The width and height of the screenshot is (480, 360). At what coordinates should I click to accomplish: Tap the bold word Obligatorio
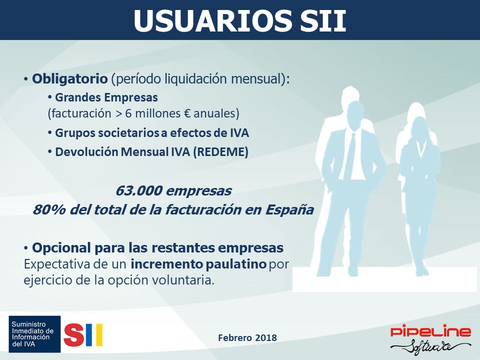coord(70,78)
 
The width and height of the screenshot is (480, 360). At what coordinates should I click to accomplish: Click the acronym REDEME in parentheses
coord(220,152)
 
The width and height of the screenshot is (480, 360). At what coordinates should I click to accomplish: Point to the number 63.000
coord(139,190)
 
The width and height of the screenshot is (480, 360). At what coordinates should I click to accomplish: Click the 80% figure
coord(49,210)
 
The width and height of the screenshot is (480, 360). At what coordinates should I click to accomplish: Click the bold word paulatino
coord(236,264)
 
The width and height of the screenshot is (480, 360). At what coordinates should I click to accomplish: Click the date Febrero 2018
coord(247,337)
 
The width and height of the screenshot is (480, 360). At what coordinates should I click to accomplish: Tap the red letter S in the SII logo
coord(74,335)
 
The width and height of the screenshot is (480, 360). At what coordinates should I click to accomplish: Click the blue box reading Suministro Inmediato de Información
coord(34,334)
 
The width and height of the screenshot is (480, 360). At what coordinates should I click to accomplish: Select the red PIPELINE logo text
coord(430,331)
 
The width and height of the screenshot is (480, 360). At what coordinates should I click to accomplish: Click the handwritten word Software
coord(430,346)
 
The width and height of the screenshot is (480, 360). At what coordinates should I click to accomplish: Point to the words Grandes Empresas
coord(106,97)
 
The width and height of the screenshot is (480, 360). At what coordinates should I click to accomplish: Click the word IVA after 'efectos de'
coord(239,133)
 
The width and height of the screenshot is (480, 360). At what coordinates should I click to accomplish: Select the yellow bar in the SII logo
coord(98,335)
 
